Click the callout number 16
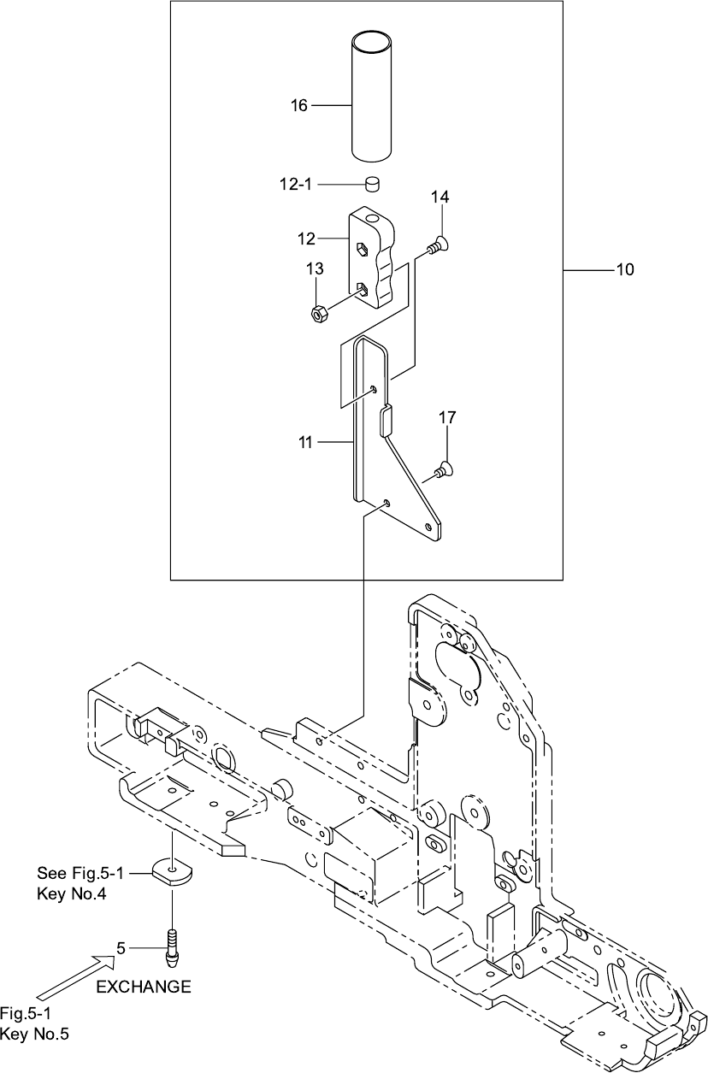coord(298,105)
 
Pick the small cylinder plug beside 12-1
coord(372,184)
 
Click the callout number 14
coord(440,197)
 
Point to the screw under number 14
coord(439,245)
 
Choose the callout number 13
coord(315,269)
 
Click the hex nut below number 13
coord(317,314)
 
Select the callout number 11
coord(305,442)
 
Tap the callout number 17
coord(448,418)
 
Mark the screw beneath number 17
coord(443,468)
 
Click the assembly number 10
coord(624,270)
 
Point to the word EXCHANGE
coord(143,987)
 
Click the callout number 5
coord(121,947)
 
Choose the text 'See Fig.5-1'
coord(80,873)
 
